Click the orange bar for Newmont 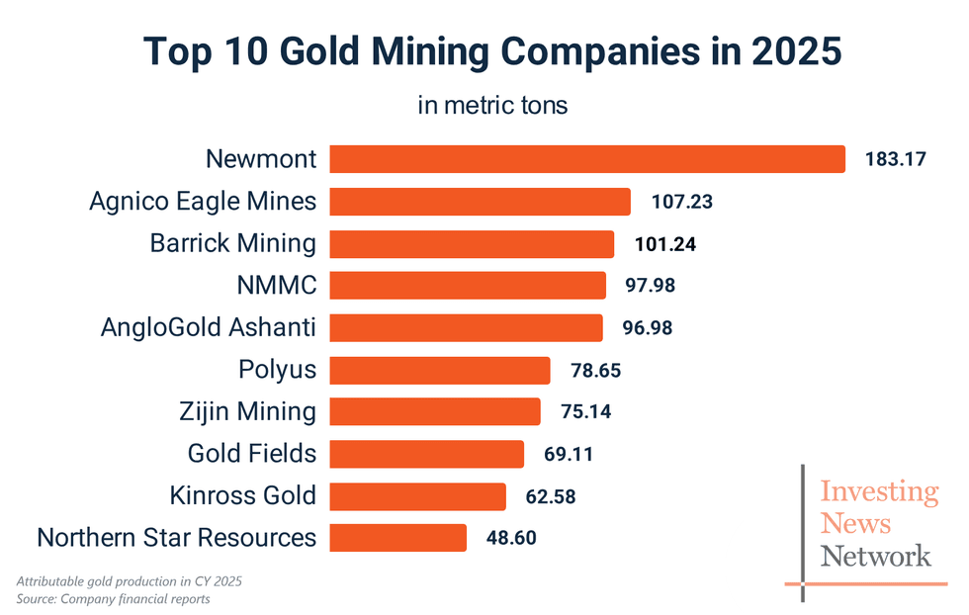[586, 159]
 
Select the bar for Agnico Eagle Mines [480, 202]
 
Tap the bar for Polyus [439, 371]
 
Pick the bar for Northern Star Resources [397, 538]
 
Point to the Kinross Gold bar [417, 496]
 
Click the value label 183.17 [896, 159]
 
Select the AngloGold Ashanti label [209, 328]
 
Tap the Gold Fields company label [252, 454]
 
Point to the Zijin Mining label [248, 412]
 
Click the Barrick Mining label [233, 244]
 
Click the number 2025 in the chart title [782, 52]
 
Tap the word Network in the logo [876, 556]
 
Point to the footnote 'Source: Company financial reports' [114, 598]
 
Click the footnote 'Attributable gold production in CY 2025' [129, 581]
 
